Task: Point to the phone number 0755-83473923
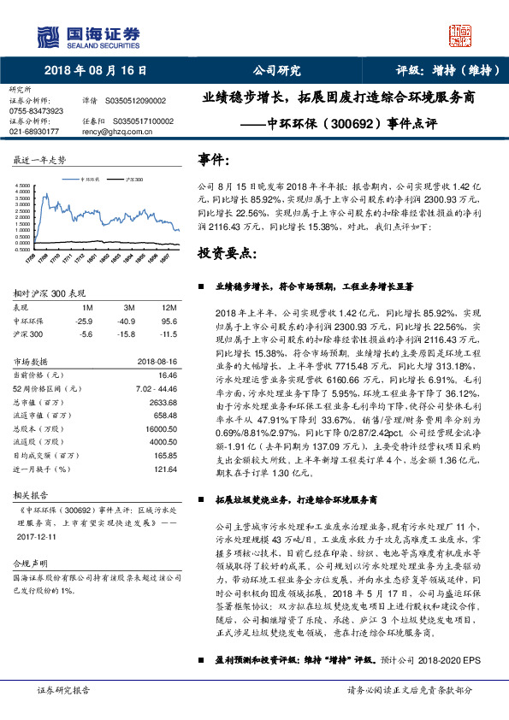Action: coord(36,111)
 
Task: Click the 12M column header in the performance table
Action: coord(169,307)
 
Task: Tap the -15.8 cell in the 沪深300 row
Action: coord(129,334)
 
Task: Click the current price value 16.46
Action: coord(167,375)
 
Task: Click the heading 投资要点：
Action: coord(226,254)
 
